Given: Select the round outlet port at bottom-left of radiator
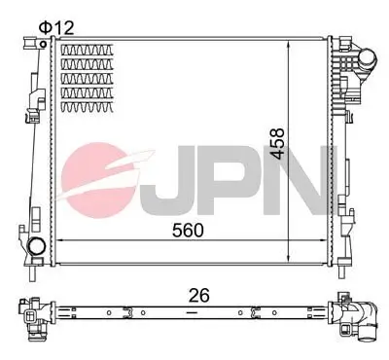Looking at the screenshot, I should click(x=37, y=246).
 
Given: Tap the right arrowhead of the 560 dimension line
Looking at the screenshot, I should click(x=329, y=240).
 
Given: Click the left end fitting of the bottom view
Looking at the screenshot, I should click(x=34, y=316).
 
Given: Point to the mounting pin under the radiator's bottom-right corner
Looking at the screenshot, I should click(x=336, y=268).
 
